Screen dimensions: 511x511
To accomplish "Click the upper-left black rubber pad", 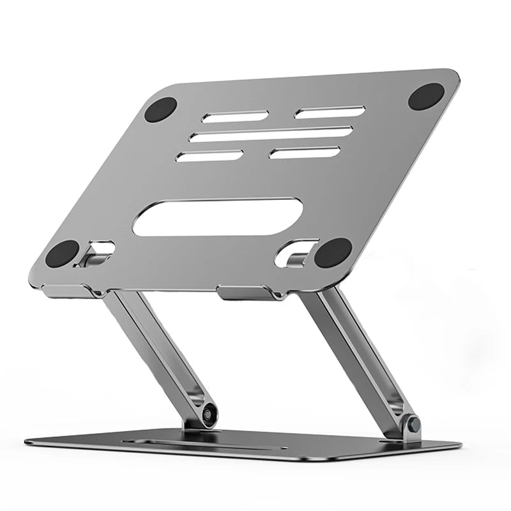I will pyautogui.click(x=160, y=109).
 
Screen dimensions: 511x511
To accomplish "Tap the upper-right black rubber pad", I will pyautogui.click(x=425, y=96).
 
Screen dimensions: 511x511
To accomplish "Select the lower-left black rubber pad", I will pyautogui.click(x=62, y=254).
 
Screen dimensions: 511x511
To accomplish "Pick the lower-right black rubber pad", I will pyautogui.click(x=333, y=253).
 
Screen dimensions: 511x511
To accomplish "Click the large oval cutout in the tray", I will pyautogui.click(x=217, y=216).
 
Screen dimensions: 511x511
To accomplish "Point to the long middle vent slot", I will pyautogui.click(x=271, y=134).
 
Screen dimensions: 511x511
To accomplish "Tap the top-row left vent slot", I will pyautogui.click(x=234, y=116).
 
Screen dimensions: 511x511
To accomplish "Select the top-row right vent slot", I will pyautogui.click(x=330, y=112).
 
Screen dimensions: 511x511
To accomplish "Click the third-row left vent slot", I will pyautogui.click(x=209, y=156).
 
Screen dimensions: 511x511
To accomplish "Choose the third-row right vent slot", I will pyautogui.click(x=305, y=153).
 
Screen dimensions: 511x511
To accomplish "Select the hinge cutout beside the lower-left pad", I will pyautogui.click(x=97, y=251).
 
